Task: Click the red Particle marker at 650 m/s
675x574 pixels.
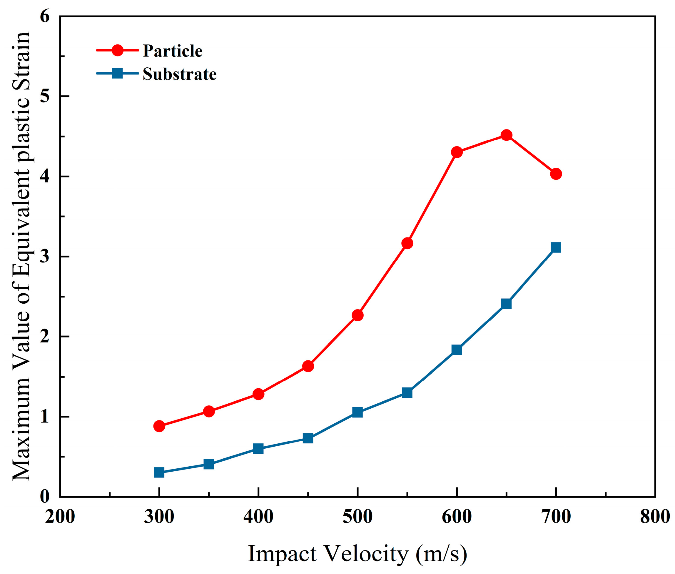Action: (506, 135)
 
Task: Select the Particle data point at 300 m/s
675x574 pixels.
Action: (159, 426)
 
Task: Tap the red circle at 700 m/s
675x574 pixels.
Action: (556, 174)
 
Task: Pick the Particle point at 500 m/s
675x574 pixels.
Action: (357, 315)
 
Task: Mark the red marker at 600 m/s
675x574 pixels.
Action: (457, 152)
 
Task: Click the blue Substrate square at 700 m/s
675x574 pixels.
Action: (556, 248)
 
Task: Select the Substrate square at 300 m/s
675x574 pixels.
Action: (159, 472)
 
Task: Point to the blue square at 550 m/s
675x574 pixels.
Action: (407, 393)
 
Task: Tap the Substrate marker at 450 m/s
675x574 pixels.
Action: (308, 438)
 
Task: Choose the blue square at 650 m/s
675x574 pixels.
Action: (506, 304)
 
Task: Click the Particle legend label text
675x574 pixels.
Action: (173, 51)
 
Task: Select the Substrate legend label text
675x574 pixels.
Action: (179, 74)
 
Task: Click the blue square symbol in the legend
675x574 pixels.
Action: (117, 73)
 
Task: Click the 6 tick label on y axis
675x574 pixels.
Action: (45, 16)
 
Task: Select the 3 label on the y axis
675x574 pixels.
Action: (45, 257)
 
